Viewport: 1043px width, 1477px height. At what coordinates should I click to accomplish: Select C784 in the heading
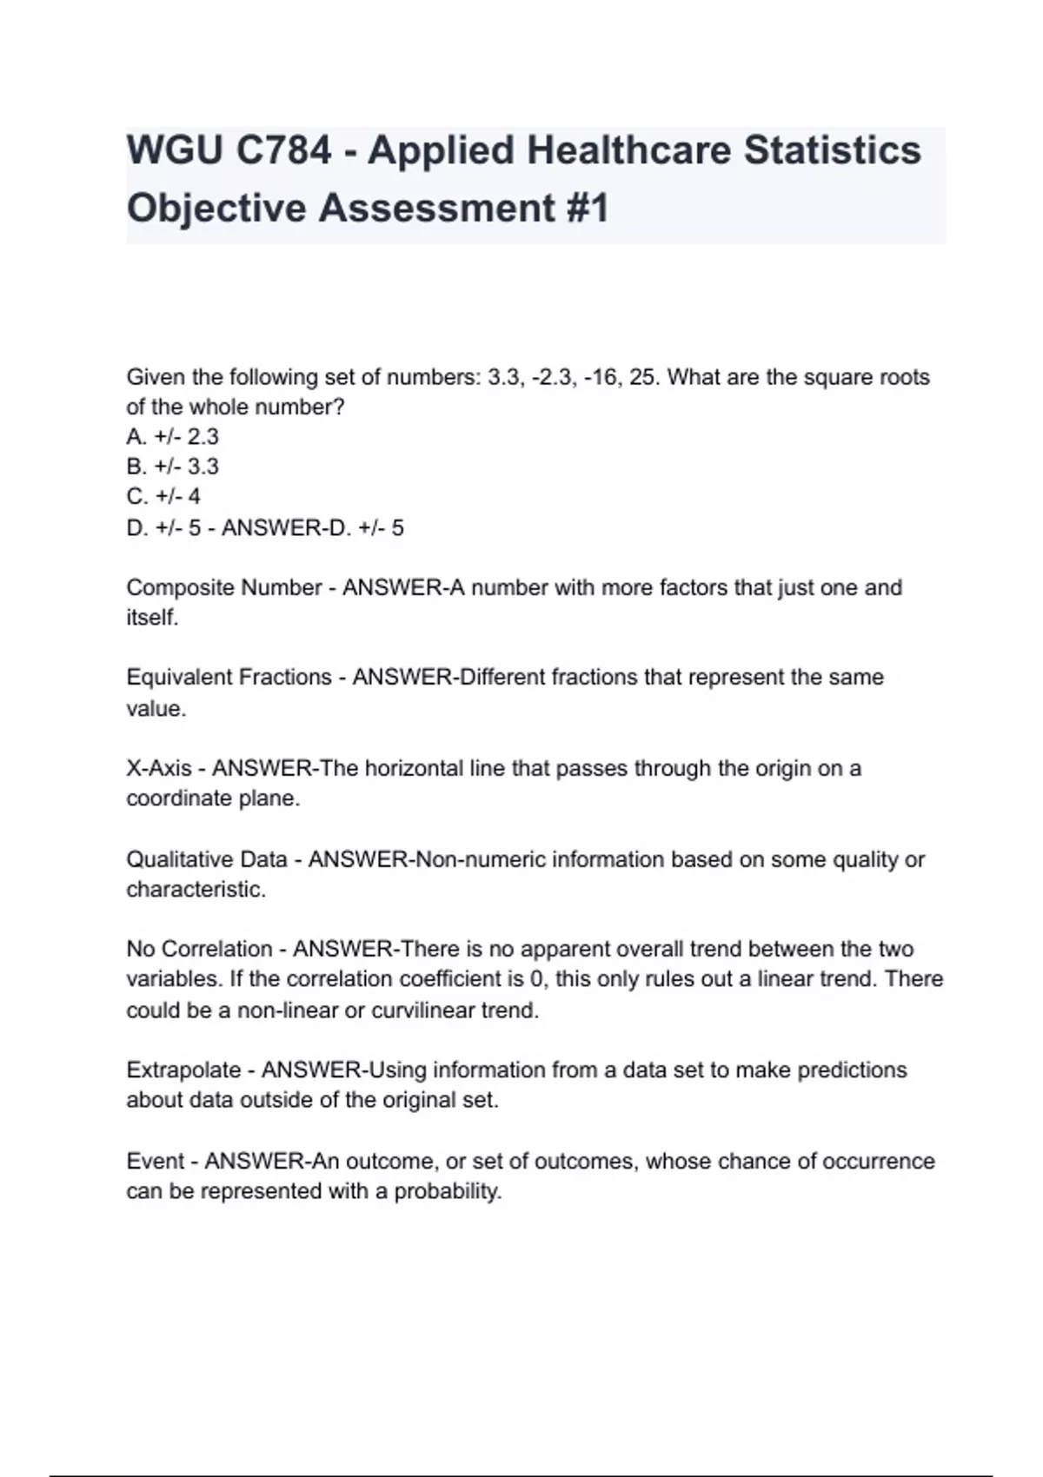point(283,150)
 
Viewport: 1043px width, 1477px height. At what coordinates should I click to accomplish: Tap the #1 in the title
point(588,209)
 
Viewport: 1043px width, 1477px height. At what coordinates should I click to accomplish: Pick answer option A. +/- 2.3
point(172,436)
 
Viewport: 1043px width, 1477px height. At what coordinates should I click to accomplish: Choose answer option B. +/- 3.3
point(172,467)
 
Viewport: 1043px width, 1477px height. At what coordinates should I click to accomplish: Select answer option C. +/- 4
point(163,496)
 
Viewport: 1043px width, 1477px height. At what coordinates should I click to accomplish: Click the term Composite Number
point(223,587)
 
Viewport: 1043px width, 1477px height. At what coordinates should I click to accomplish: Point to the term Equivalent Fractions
point(229,677)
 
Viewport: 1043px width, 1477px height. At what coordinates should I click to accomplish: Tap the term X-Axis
point(159,768)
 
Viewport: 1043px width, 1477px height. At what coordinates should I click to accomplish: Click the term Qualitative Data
point(206,859)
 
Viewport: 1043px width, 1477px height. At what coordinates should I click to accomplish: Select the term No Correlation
point(199,949)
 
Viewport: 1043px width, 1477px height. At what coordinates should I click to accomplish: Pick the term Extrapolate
point(183,1070)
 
